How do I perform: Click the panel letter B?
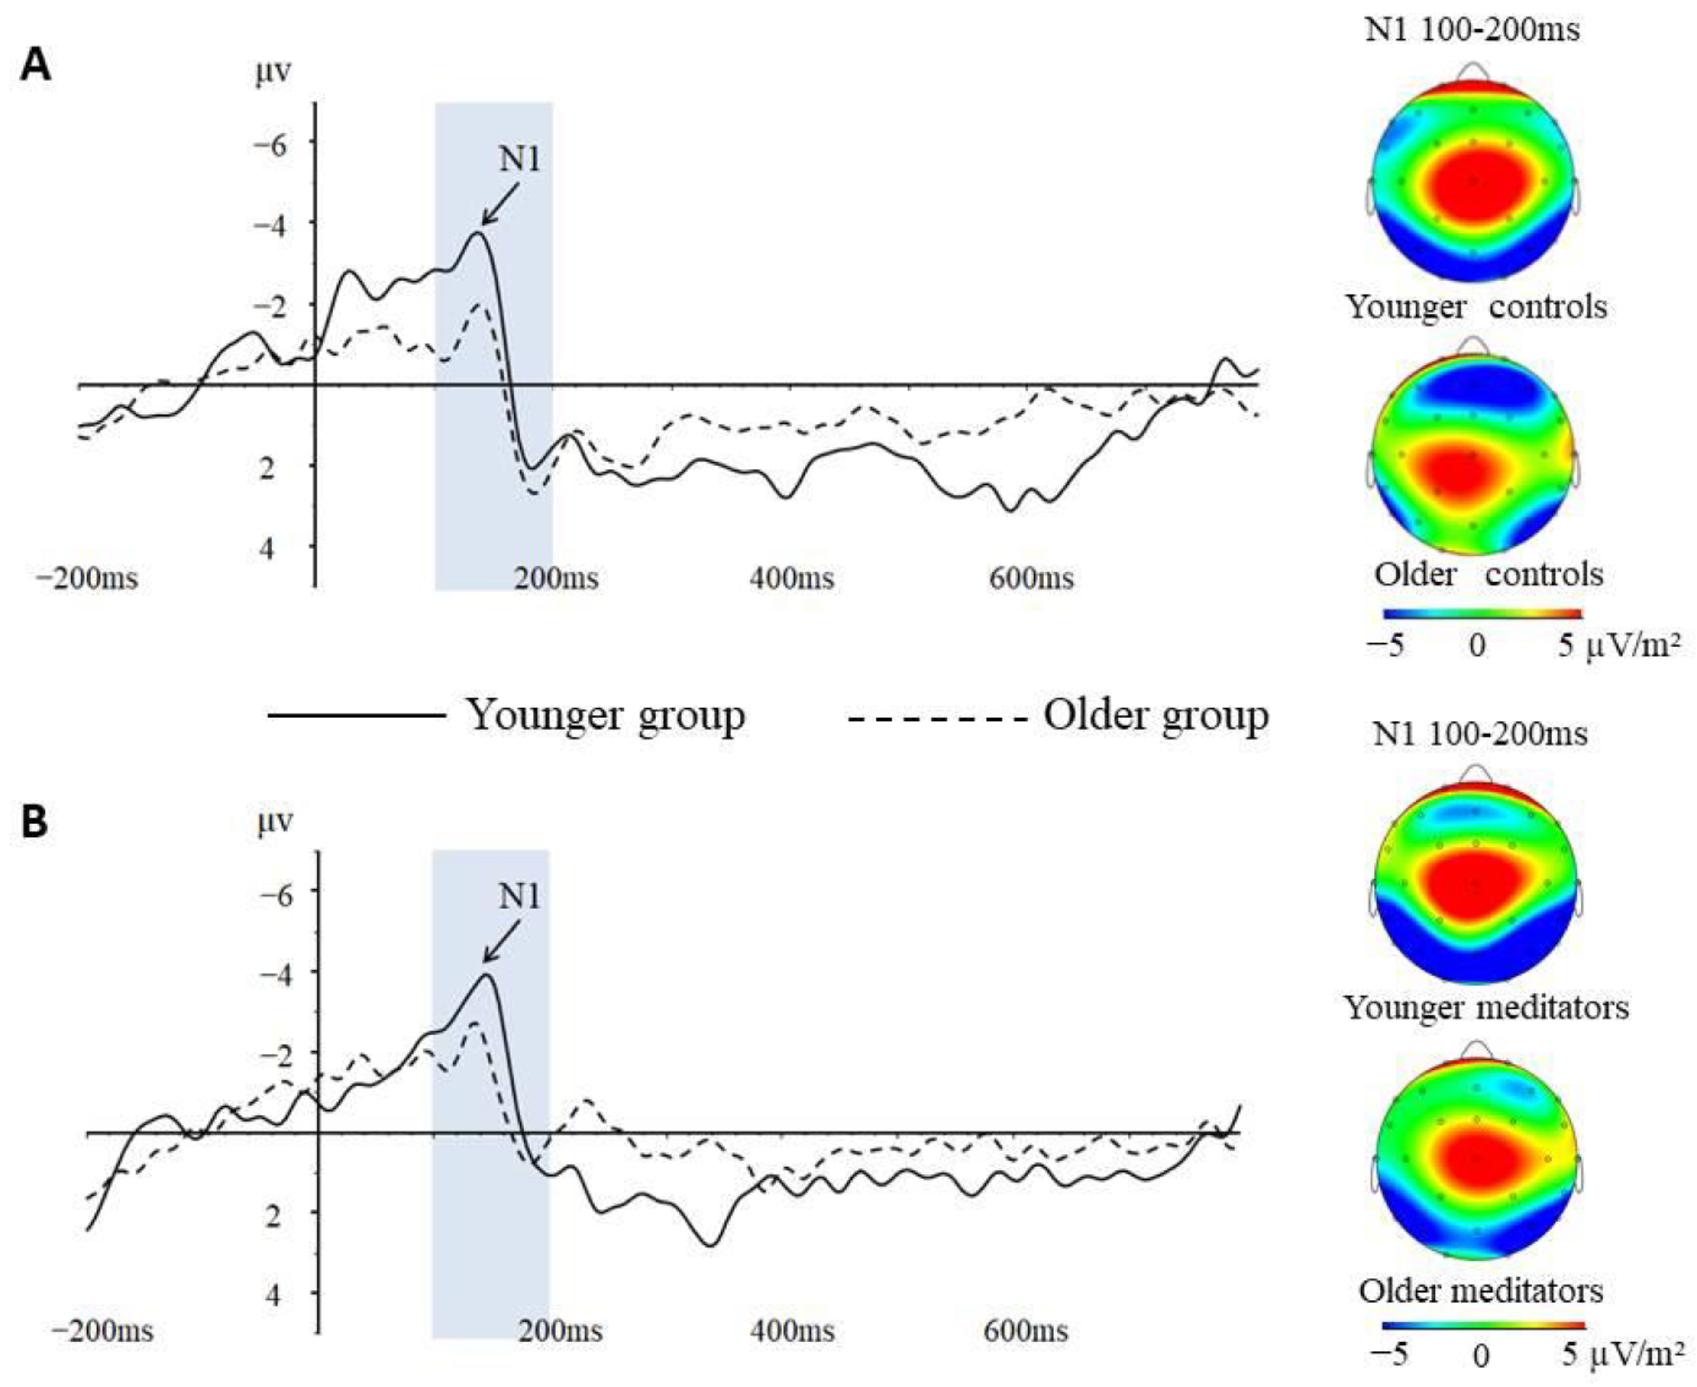click(x=35, y=824)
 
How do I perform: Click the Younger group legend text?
click(x=606, y=715)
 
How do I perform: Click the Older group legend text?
click(x=1155, y=715)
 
